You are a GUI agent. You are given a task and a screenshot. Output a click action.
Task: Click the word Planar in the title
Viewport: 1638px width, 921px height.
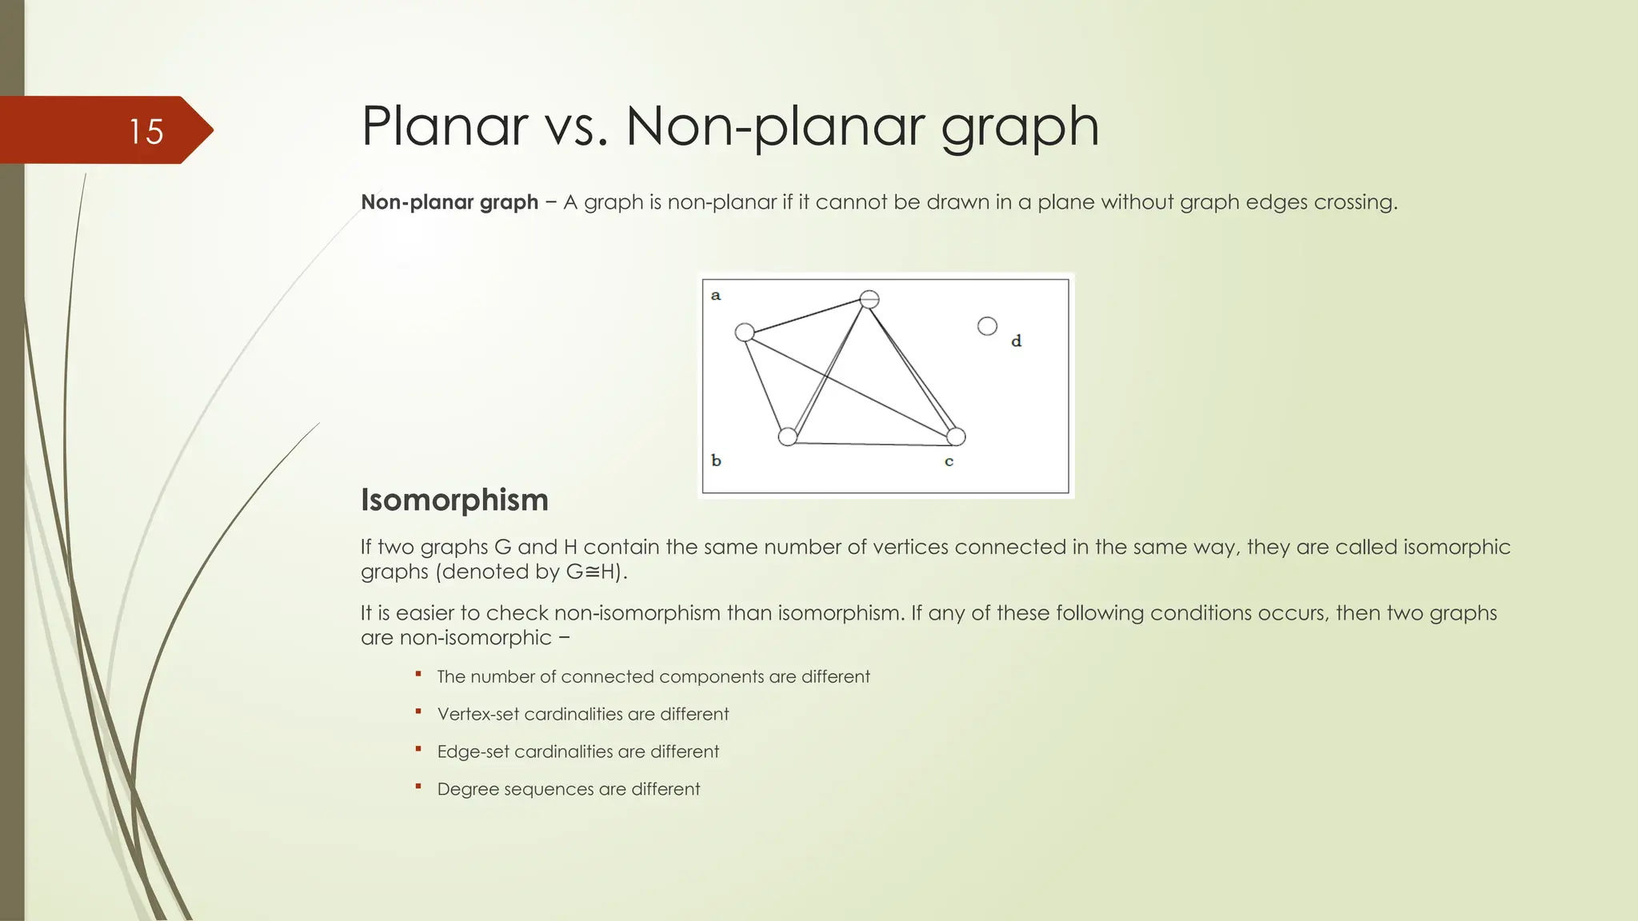444,126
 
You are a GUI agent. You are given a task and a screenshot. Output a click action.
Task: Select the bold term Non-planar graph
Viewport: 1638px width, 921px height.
449,202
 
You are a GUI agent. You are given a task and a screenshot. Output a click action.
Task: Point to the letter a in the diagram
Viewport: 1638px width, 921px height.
716,296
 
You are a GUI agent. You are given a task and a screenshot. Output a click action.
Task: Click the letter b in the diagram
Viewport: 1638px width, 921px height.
716,460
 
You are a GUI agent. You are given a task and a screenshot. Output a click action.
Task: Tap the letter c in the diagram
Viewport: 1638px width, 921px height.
949,461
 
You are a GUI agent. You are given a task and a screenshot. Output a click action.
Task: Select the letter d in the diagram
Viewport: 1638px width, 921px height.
1016,341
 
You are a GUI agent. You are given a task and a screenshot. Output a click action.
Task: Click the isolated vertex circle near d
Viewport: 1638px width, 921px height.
987,326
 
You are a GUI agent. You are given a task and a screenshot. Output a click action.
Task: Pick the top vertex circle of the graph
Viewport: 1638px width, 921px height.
869,299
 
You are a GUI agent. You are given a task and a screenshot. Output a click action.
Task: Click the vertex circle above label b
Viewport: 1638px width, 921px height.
788,437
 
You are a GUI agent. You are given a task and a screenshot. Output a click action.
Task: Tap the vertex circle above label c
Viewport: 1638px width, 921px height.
956,437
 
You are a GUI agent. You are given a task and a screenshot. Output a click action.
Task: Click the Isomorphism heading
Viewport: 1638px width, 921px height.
454,500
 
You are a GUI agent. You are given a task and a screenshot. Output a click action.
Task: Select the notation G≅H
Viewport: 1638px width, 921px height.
593,572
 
